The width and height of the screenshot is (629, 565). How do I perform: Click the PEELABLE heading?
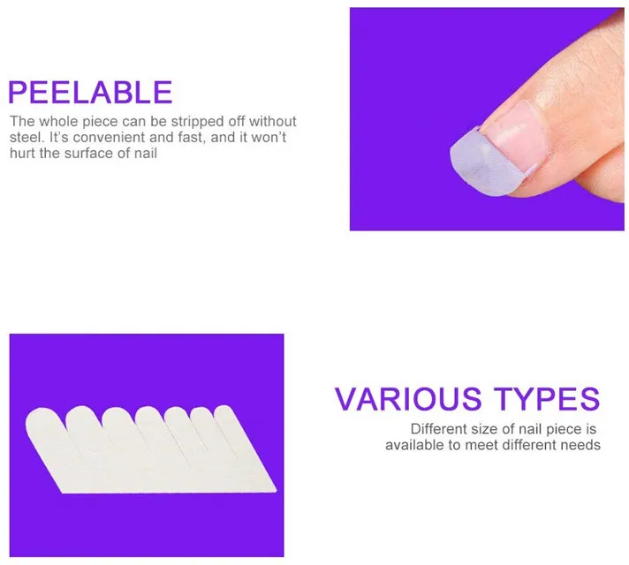pos(90,92)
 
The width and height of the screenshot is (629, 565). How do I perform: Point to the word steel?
pos(27,138)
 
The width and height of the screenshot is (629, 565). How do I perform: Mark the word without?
pos(273,121)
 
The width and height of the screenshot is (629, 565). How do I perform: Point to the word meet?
pos(483,445)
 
